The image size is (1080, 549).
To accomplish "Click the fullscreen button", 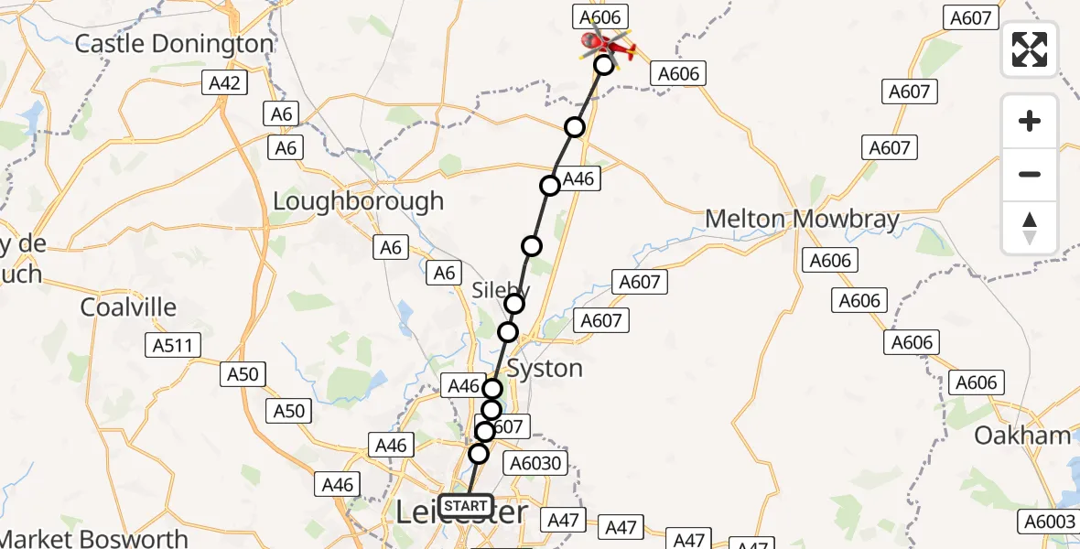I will (1030, 49).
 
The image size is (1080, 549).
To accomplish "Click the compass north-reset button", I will (1030, 228).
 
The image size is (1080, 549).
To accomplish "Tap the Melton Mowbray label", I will (802, 220).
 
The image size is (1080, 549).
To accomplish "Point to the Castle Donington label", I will (174, 44).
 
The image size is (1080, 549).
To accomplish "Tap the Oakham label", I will (1021, 436).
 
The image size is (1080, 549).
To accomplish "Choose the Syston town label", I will (545, 369).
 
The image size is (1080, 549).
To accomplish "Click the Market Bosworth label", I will (94, 539).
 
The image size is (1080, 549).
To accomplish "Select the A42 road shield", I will (224, 84).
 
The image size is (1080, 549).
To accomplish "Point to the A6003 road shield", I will (1048, 522).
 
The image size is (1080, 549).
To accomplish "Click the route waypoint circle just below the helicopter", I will (603, 65).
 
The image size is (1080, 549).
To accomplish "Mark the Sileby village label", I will (495, 290).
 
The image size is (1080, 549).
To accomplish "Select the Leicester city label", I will (461, 515).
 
